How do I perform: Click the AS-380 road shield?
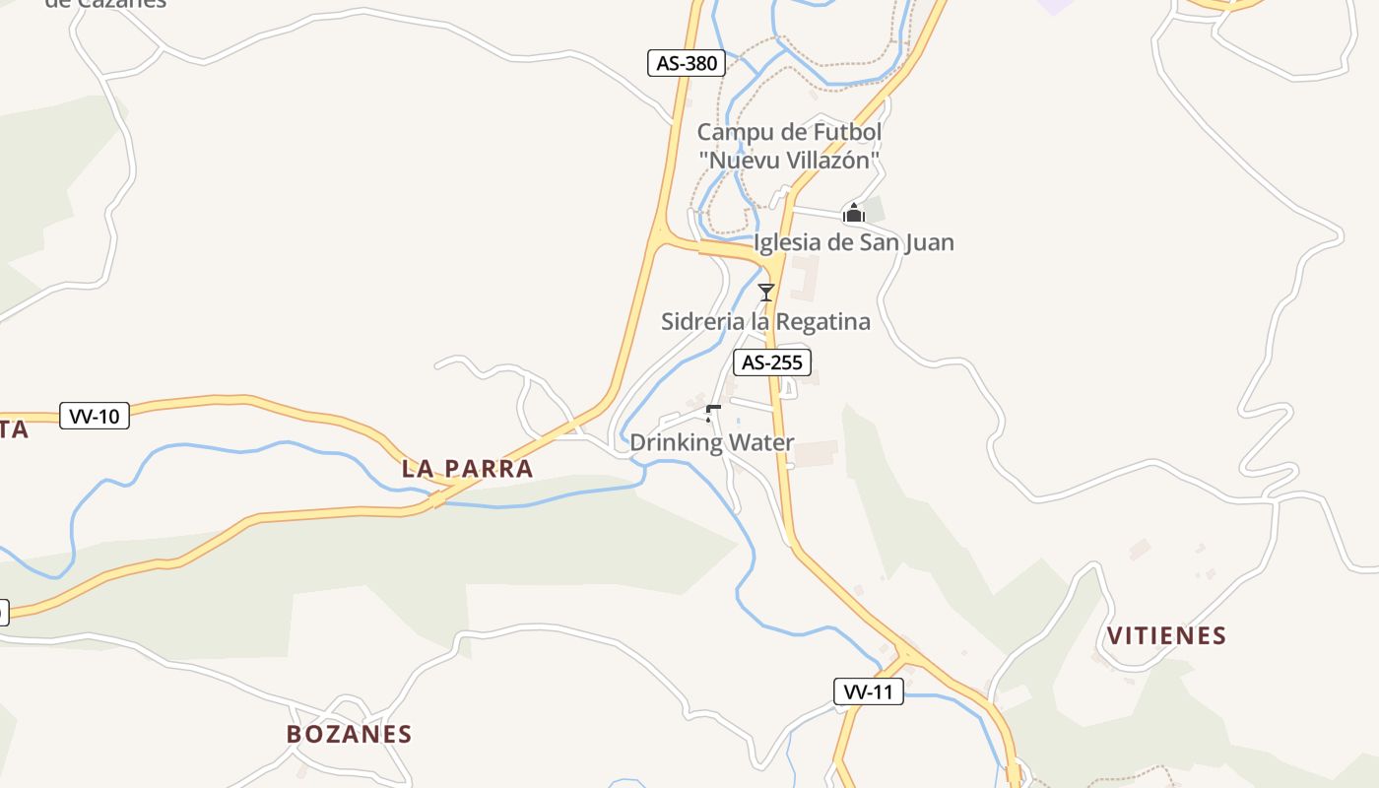click(687, 64)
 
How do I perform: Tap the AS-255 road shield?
click(772, 362)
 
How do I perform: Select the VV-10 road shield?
click(95, 416)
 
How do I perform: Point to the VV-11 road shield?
click(868, 691)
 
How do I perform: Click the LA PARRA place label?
click(467, 469)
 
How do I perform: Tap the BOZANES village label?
click(349, 734)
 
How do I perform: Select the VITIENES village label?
click(1167, 635)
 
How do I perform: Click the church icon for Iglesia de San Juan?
click(853, 213)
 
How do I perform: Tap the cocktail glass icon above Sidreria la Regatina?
click(766, 292)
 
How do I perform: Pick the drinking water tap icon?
click(713, 413)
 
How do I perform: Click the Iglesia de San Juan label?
click(853, 242)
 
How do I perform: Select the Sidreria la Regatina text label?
click(765, 322)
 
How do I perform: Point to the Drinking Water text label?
click(711, 442)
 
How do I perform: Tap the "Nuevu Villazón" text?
click(789, 160)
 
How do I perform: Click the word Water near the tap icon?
click(761, 442)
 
